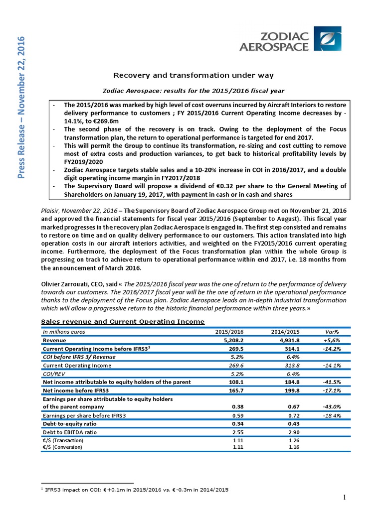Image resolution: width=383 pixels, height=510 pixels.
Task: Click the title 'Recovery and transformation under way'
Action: click(194, 75)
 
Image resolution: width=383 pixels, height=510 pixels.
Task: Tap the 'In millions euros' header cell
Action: click(64, 332)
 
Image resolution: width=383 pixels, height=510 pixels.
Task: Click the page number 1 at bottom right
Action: click(345, 498)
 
